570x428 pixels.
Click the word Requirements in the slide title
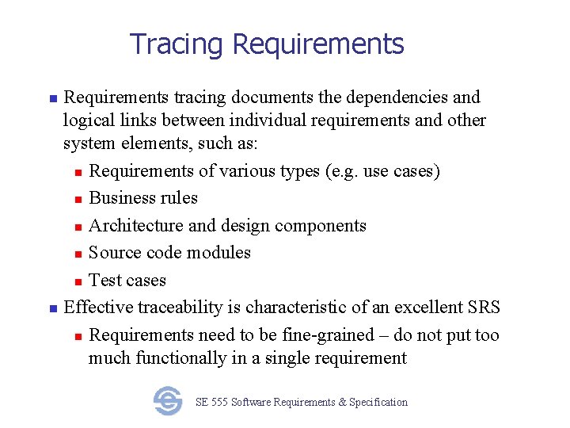[318, 44]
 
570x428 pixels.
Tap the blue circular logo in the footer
[168, 401]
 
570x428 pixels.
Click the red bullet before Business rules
[78, 200]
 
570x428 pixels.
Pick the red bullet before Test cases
[78, 282]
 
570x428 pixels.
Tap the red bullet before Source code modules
[78, 254]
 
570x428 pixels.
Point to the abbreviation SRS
[484, 308]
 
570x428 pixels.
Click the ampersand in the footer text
[342, 403]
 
